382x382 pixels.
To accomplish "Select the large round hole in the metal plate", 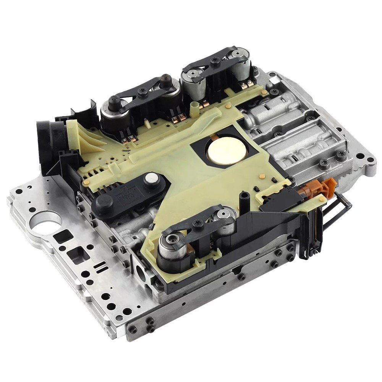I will click(46, 222).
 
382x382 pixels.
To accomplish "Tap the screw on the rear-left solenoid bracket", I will click(144, 91).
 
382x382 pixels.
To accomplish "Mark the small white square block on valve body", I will click(273, 80).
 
